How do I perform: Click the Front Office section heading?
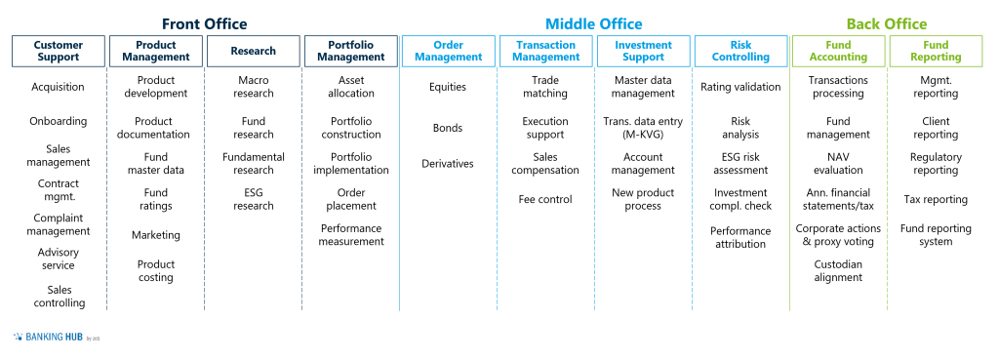pos(204,23)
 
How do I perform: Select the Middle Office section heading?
pos(593,23)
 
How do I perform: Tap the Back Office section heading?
pos(886,23)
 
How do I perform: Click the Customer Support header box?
pos(59,51)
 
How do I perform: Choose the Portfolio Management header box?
pos(351,51)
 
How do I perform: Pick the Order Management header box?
pos(448,51)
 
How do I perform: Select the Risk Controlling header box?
pos(740,51)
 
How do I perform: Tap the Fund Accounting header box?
pos(838,51)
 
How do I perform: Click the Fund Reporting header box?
pos(936,51)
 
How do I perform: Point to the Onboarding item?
pos(59,122)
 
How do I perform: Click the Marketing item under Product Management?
pos(156,235)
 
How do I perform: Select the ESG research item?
pos(254,199)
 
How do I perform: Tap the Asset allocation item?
pos(351,87)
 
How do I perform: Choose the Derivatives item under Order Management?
pos(448,164)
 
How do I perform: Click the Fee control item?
pos(545,200)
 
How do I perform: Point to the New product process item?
pos(643,199)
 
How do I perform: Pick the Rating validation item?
pos(740,87)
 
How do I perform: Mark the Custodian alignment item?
pos(838,270)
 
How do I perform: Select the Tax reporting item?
pos(936,200)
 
